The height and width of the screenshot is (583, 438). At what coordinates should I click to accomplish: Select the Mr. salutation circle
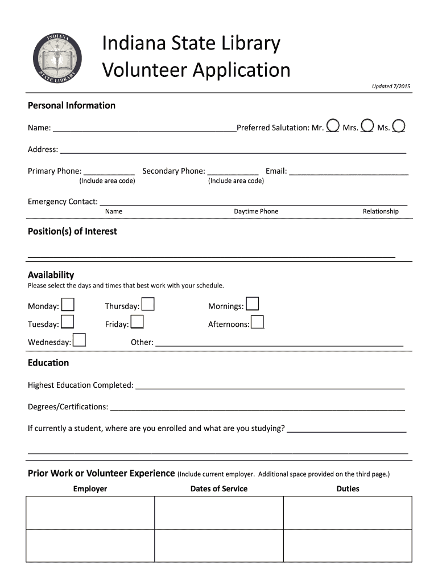click(x=333, y=126)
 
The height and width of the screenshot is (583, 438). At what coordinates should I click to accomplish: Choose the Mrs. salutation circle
click(x=367, y=126)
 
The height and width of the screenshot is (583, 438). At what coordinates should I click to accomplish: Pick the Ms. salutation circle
click(x=399, y=126)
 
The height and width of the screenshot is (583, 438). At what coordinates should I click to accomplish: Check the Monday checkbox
click(x=67, y=305)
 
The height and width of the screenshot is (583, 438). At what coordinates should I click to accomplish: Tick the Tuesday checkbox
click(x=67, y=322)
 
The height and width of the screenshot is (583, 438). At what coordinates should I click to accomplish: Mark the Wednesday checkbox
click(x=80, y=340)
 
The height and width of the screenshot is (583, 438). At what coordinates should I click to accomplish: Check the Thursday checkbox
click(x=148, y=305)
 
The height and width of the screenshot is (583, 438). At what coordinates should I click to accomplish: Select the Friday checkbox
click(x=137, y=322)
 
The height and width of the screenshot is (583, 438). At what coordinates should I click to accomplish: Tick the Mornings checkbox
click(x=252, y=305)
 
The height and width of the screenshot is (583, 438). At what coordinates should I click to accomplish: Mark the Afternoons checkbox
click(x=257, y=322)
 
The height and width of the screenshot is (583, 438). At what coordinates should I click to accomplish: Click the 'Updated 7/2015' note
click(x=391, y=87)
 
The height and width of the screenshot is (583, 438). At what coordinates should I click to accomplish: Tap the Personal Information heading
click(x=72, y=105)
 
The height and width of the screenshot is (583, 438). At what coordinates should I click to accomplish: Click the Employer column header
click(x=90, y=488)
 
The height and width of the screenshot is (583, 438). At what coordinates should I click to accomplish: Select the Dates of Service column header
click(x=219, y=488)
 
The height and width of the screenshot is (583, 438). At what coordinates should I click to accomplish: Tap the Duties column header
click(x=348, y=488)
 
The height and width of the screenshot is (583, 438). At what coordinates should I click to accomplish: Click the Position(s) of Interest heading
click(x=72, y=231)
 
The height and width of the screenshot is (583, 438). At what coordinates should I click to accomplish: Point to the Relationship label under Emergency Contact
click(x=381, y=211)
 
